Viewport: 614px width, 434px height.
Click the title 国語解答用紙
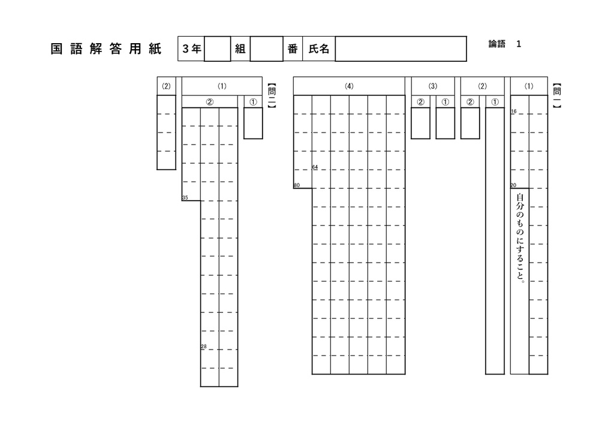pos(106,49)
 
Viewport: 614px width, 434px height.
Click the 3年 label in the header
pos(191,49)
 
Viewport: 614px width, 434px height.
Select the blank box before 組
pos(217,49)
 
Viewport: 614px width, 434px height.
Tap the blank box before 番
pos(266,49)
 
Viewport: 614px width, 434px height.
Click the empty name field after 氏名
pos(401,49)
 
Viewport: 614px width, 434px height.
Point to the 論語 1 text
pos(505,44)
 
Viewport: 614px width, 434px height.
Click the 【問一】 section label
pos(557,95)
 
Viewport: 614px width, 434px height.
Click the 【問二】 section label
pos(272,95)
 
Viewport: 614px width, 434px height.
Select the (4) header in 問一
pos(349,86)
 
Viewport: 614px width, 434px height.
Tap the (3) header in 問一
pos(433,86)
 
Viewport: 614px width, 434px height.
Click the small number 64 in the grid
pos(315,167)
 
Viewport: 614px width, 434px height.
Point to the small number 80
pos(296,185)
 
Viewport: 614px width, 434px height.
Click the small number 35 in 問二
pos(185,198)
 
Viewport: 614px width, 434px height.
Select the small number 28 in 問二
pos(204,346)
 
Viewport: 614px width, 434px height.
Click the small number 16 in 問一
pos(514,111)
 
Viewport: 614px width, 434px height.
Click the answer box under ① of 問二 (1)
pos(253,123)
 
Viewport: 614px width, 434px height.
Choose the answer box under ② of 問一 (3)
pos(420,123)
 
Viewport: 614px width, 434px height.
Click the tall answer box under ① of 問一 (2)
pos(495,240)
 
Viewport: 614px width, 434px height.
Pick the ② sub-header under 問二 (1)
pos(210,102)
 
